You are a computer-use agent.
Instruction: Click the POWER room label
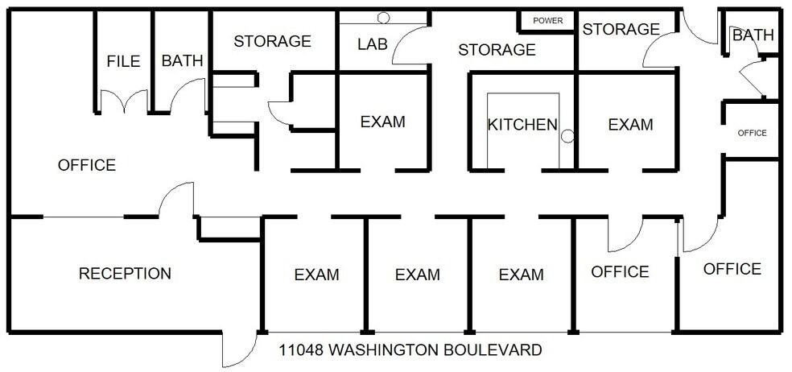(547, 20)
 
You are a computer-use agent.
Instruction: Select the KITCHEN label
(522, 125)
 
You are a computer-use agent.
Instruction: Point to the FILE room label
(123, 61)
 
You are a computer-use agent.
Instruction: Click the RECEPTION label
(125, 274)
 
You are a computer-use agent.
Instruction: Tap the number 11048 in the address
(301, 350)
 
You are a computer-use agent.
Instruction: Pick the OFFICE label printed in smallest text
(753, 133)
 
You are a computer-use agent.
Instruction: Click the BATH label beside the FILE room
(182, 61)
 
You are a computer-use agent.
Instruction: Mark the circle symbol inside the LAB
(384, 17)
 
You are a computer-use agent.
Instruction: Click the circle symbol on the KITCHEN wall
(567, 135)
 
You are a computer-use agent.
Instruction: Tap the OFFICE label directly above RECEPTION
(87, 165)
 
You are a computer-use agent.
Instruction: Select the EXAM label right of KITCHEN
(630, 125)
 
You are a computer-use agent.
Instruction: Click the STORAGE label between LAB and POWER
(497, 50)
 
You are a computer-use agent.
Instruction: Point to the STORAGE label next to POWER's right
(621, 30)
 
